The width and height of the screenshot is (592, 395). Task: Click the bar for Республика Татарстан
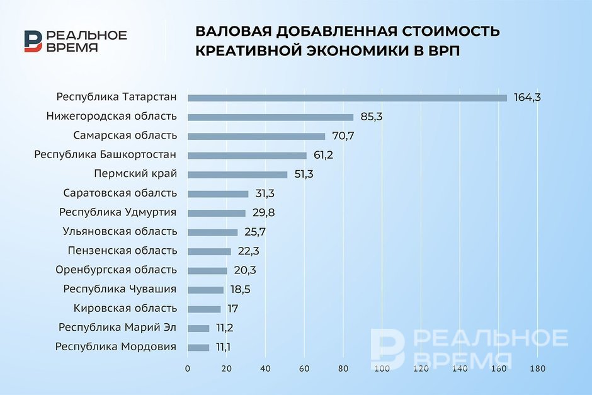[x=348, y=98]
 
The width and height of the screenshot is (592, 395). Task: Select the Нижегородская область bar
[x=271, y=117]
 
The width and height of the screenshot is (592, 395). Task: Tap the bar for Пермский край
[x=237, y=175]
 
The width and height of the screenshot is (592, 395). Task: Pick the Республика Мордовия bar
[x=198, y=347]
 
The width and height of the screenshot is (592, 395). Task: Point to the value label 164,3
[x=527, y=98]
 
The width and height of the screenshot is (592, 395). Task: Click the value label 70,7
[x=343, y=136]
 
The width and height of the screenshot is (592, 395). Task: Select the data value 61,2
[x=323, y=155]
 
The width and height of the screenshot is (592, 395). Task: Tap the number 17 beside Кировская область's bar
[x=232, y=309]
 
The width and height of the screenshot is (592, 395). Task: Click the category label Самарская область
[x=125, y=135]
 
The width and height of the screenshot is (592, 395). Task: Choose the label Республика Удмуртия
[x=118, y=212]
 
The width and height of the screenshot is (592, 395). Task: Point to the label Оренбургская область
[x=117, y=270]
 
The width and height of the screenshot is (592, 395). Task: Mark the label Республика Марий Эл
[x=117, y=328]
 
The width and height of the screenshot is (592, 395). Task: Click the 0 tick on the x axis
[x=188, y=369]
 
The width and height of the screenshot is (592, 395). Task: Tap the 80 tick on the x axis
[x=343, y=369]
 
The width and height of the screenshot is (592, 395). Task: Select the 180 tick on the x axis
[x=538, y=369]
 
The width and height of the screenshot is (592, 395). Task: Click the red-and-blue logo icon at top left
[x=33, y=41]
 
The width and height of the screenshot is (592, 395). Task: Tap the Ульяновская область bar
[x=213, y=232]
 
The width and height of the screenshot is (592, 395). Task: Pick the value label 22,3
[x=248, y=251]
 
